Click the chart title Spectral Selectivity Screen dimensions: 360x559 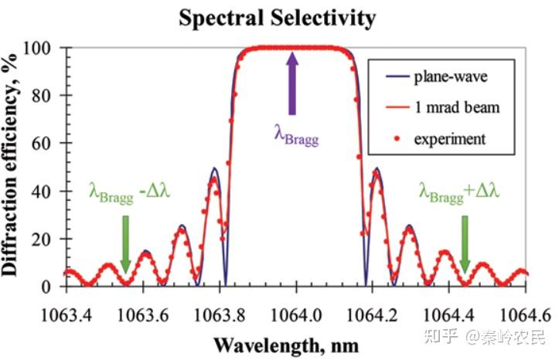(x=277, y=17)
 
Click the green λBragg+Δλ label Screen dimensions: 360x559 (x=459, y=190)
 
